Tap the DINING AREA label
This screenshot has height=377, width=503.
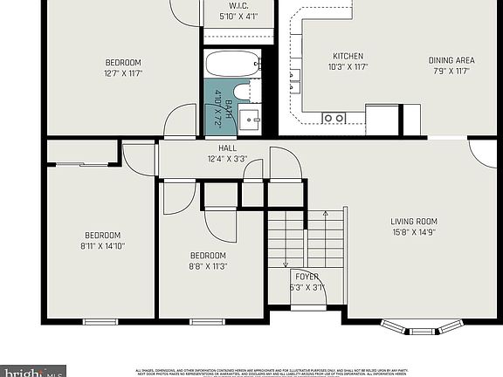[x=450, y=60]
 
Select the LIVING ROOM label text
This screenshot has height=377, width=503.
[x=413, y=221]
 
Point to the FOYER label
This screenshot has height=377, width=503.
[x=307, y=276]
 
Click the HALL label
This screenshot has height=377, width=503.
[x=227, y=148]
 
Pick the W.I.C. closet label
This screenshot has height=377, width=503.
[x=239, y=4]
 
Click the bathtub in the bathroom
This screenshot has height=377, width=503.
[x=232, y=64]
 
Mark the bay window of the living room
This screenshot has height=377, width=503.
[x=422, y=328]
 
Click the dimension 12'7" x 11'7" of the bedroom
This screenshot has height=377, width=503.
[x=123, y=73]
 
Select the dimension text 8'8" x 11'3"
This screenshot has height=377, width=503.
[x=209, y=267]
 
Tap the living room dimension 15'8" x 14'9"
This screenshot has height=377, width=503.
[x=413, y=232]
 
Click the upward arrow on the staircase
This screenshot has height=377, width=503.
[x=325, y=214]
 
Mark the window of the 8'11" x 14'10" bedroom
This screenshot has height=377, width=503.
[x=100, y=321]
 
